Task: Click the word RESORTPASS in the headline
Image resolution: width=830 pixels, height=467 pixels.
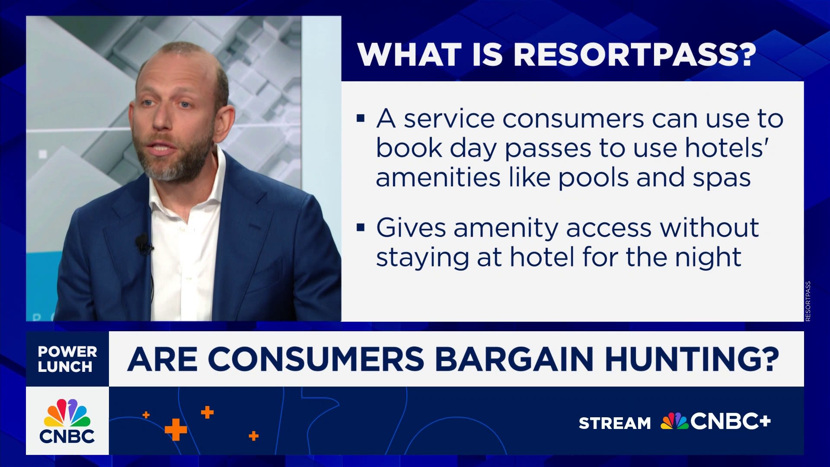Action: click(x=635, y=55)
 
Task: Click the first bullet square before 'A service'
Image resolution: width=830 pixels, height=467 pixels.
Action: click(x=361, y=118)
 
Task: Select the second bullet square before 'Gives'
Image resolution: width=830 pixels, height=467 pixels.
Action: click(x=361, y=227)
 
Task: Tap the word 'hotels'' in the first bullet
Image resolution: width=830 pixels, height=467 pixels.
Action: click(x=728, y=148)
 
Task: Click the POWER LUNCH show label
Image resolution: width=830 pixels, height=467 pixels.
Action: click(x=67, y=359)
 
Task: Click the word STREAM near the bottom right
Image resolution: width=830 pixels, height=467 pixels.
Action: click(x=615, y=423)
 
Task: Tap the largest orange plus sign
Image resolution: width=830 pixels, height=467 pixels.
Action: click(x=176, y=430)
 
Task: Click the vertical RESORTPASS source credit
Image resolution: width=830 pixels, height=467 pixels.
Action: click(x=808, y=301)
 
